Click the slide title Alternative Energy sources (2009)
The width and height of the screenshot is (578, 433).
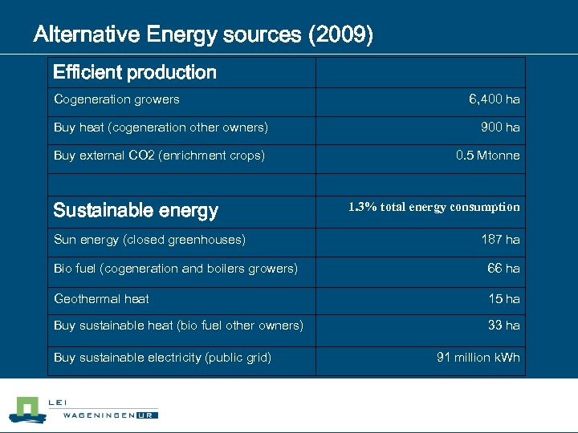tap(202, 36)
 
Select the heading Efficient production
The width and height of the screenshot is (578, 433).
tap(135, 73)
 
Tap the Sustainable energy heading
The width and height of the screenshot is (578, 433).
tap(136, 211)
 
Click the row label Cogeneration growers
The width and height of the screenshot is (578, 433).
tap(116, 99)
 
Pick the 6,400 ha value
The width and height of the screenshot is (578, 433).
tap(495, 99)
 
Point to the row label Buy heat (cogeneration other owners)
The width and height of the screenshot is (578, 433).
tap(161, 127)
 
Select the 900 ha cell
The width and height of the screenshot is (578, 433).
tap(500, 127)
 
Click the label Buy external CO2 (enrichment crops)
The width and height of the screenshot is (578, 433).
tap(159, 156)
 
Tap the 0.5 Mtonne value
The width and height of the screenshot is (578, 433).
tap(487, 156)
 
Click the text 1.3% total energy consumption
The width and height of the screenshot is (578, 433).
tap(433, 207)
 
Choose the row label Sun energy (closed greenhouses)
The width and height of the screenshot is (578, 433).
tap(149, 239)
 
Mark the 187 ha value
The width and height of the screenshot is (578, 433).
tap(500, 239)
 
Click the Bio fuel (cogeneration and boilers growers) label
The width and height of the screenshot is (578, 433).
tap(175, 269)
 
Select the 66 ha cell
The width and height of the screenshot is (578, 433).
tap(503, 269)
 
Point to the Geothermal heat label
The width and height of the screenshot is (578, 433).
tap(101, 298)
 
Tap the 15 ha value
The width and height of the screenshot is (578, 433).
tap(504, 298)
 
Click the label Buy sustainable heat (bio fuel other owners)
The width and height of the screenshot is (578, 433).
tap(178, 326)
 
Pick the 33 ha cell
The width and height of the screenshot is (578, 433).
tap(503, 326)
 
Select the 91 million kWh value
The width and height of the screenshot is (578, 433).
tap(478, 358)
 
